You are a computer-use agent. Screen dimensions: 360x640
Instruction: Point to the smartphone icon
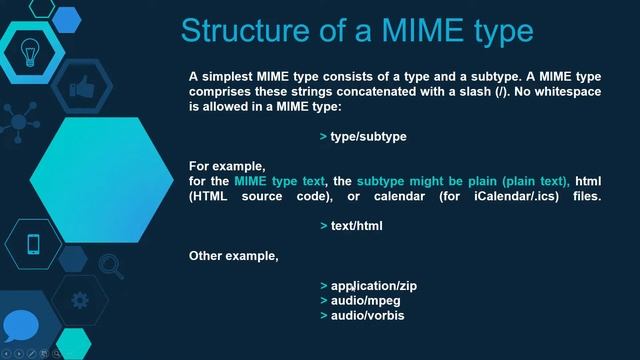coord(33,243)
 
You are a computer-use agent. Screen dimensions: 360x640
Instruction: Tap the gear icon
coord(80,299)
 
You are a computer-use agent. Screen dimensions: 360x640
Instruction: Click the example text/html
coord(356,226)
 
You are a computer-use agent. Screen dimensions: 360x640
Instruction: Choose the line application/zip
coord(373,286)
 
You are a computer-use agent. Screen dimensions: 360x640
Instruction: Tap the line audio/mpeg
coord(365,301)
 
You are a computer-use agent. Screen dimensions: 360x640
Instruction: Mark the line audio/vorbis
coord(367,316)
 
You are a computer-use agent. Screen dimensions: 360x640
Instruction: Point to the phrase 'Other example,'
coord(233,256)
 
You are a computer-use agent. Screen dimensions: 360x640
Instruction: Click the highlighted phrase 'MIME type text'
coord(280,181)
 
